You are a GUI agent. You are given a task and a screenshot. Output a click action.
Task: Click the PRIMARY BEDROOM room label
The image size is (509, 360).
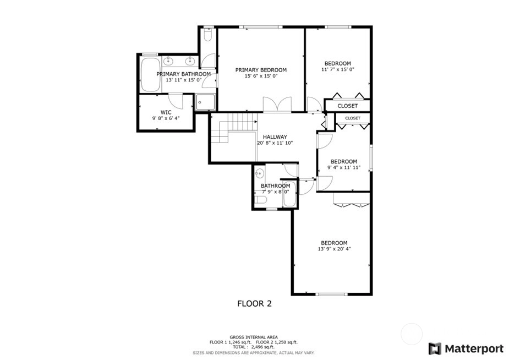[x=261, y=70]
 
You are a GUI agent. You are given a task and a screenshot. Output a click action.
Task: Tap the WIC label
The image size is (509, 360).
[x=166, y=112]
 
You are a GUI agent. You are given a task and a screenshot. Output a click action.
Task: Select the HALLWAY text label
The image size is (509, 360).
[x=275, y=137]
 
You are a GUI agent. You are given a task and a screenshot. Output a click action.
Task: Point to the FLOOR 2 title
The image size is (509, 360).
[x=254, y=303]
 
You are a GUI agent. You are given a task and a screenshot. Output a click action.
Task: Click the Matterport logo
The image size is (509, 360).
[x=466, y=348]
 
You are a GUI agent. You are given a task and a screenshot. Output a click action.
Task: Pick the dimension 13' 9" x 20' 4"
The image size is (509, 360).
[x=335, y=249]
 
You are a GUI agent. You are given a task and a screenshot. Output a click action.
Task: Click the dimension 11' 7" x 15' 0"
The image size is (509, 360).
[x=338, y=69]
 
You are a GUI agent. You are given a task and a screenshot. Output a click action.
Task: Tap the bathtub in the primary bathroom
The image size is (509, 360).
[x=151, y=75]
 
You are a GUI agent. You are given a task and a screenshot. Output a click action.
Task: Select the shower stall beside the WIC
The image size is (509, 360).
[x=205, y=102]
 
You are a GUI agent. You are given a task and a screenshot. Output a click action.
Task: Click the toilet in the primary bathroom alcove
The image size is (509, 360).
[x=208, y=35]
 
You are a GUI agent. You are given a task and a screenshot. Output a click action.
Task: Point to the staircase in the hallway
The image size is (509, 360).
[x=234, y=128]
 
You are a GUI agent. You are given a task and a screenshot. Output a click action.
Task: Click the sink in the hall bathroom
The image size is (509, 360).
[x=259, y=173]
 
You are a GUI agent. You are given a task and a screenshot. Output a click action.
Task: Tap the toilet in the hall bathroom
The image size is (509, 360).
[x=260, y=199]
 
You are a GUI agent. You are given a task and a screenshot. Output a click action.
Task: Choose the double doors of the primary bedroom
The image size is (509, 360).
[x=277, y=105]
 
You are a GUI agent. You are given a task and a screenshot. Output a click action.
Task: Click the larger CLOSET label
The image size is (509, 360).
[x=347, y=106]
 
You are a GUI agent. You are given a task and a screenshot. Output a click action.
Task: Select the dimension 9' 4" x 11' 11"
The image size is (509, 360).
[x=344, y=167]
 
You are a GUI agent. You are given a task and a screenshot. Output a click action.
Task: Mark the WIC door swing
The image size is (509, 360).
[x=176, y=101]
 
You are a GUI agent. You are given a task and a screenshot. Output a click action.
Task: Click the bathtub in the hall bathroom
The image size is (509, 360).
[x=289, y=194]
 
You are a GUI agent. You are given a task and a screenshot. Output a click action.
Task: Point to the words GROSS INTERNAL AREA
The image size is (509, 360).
[x=254, y=337]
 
